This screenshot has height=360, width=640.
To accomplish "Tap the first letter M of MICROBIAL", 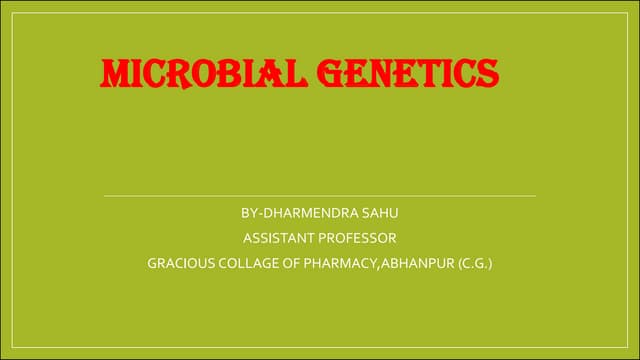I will [116, 73].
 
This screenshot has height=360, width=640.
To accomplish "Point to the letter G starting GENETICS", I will [329, 73].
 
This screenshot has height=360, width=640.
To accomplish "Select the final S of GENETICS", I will [486, 73].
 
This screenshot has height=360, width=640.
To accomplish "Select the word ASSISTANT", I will [276, 238].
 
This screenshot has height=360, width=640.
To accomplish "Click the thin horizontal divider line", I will [320, 195].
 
